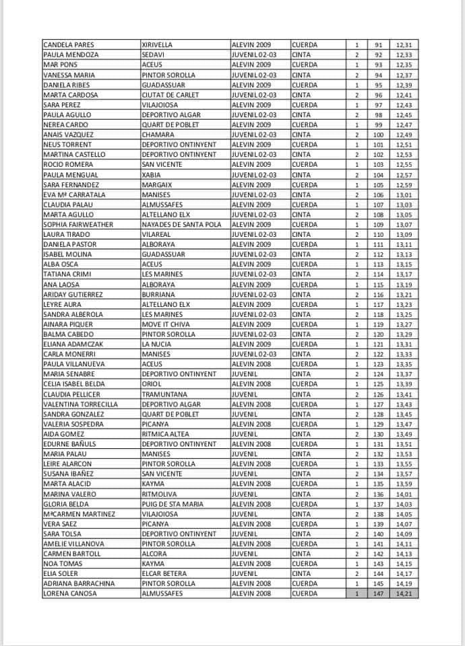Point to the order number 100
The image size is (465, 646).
(378, 135)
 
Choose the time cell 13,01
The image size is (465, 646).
(404, 194)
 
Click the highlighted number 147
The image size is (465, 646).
(378, 594)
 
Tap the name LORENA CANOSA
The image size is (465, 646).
(69, 594)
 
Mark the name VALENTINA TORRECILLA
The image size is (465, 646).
(80, 404)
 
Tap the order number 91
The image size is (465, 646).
(378, 44)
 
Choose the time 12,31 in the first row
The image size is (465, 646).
(404, 44)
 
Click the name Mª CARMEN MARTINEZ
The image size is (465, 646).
(79, 513)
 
